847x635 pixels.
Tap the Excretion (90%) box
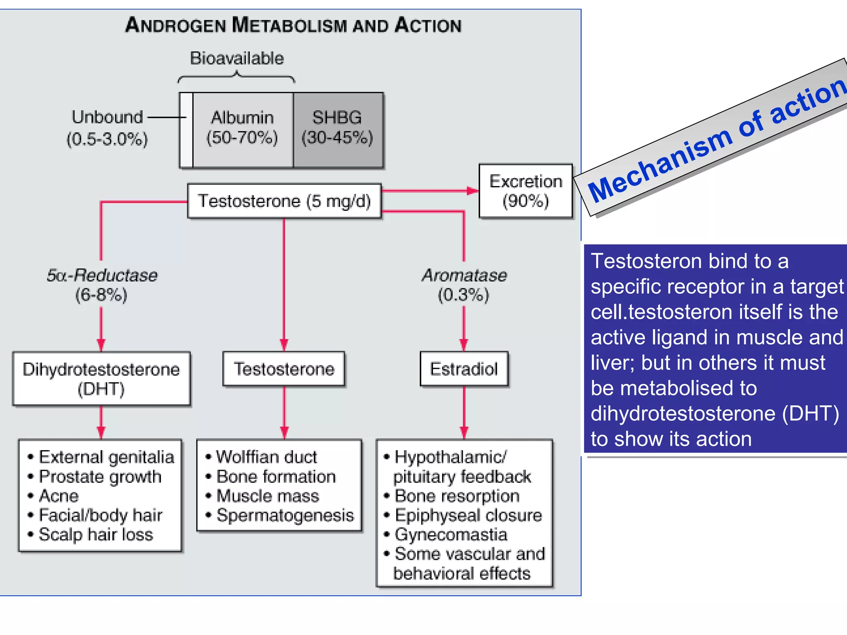tap(526, 191)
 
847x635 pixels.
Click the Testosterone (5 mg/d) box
tap(284, 201)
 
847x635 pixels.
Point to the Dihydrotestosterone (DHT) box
tap(101, 379)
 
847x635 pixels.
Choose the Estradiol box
tap(464, 369)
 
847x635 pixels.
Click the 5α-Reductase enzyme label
tap(102, 275)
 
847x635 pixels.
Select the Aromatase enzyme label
tap(464, 275)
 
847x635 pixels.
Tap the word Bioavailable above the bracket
tap(237, 58)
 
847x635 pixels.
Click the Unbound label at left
tap(107, 117)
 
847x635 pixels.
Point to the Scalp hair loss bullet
tap(96, 535)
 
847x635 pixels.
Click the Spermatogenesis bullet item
tap(285, 515)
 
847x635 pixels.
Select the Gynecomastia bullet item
tap(451, 535)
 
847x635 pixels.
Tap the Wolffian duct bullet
tap(266, 457)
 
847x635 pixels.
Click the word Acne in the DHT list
tap(59, 496)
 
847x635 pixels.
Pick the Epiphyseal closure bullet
tap(468, 515)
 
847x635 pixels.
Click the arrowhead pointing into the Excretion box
tap(473, 191)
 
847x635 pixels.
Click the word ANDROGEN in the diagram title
tap(175, 25)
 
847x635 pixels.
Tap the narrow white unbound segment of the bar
tap(187, 130)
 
